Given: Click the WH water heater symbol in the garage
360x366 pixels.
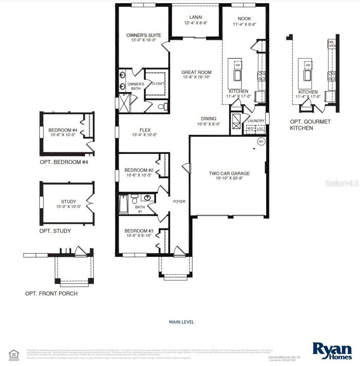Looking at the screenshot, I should tap(261, 141).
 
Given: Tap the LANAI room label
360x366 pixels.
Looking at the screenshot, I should tap(196, 17).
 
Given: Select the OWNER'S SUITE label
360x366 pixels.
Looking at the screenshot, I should tap(144, 35).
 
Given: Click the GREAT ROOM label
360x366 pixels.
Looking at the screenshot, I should tap(197, 72).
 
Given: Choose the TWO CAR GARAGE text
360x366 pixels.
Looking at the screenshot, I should tap(229, 173).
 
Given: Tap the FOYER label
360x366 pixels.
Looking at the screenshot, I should tap(179, 201).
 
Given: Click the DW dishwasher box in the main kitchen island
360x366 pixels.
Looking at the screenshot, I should tap(238, 65).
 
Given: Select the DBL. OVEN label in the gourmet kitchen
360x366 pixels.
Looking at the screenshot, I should tap(332, 44).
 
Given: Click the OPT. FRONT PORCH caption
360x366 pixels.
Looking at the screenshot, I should tap(51, 293).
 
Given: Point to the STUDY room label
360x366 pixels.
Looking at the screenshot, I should tap(69, 201).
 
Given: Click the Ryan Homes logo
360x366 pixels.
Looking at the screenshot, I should tap(332, 351).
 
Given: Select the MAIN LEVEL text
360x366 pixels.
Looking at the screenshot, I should tap(181, 322).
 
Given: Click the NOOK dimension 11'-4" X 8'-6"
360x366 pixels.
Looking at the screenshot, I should tap(244, 25).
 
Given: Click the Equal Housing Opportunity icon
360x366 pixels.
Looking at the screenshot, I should tap(13, 353).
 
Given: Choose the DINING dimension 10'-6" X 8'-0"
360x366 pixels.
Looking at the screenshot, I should tap(208, 124).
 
